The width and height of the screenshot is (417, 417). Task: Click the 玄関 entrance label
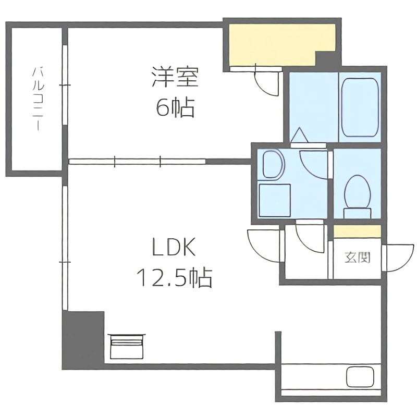pyautogui.click(x=357, y=257)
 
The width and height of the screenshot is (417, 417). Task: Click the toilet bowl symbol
pyautogui.click(x=358, y=191)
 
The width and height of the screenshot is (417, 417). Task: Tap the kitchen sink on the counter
pyautogui.click(x=360, y=377)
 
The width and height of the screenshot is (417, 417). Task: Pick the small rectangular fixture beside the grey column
pyautogui.click(x=126, y=346)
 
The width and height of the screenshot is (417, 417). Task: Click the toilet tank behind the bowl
pyautogui.click(x=358, y=212)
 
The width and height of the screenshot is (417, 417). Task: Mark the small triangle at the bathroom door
pyautogui.click(x=299, y=135)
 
